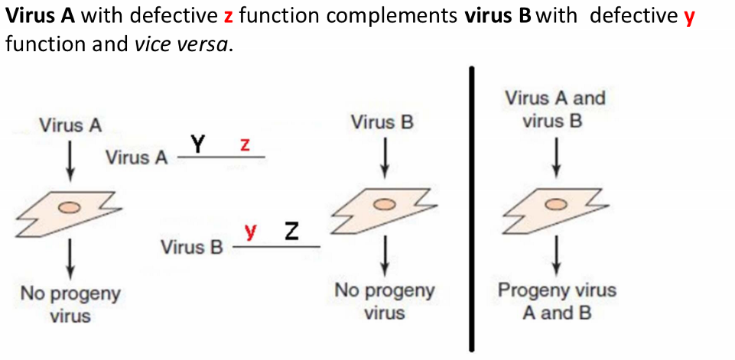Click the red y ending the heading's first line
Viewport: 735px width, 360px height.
point(689,17)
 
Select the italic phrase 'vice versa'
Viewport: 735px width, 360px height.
point(180,44)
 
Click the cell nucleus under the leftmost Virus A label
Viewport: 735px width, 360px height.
point(70,206)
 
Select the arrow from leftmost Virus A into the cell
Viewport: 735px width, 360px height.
point(70,161)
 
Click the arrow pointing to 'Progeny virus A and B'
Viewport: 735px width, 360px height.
point(557,254)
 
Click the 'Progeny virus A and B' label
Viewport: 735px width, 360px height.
point(557,301)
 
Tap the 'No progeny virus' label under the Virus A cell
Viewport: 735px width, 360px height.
point(70,303)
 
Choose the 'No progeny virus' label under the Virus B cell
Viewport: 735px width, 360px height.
point(385,301)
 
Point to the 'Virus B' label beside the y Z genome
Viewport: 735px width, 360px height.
point(191,248)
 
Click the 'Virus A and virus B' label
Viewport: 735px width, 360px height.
point(555,109)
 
